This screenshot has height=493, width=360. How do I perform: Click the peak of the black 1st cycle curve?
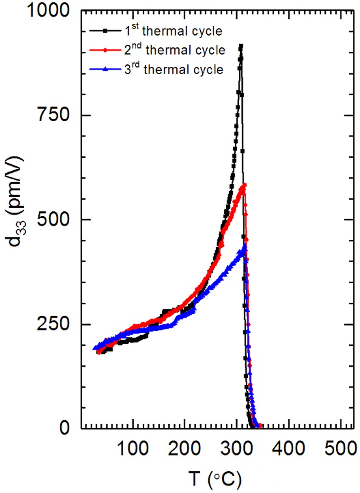[241, 46]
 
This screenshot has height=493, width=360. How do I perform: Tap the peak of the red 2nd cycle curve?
[244, 185]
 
